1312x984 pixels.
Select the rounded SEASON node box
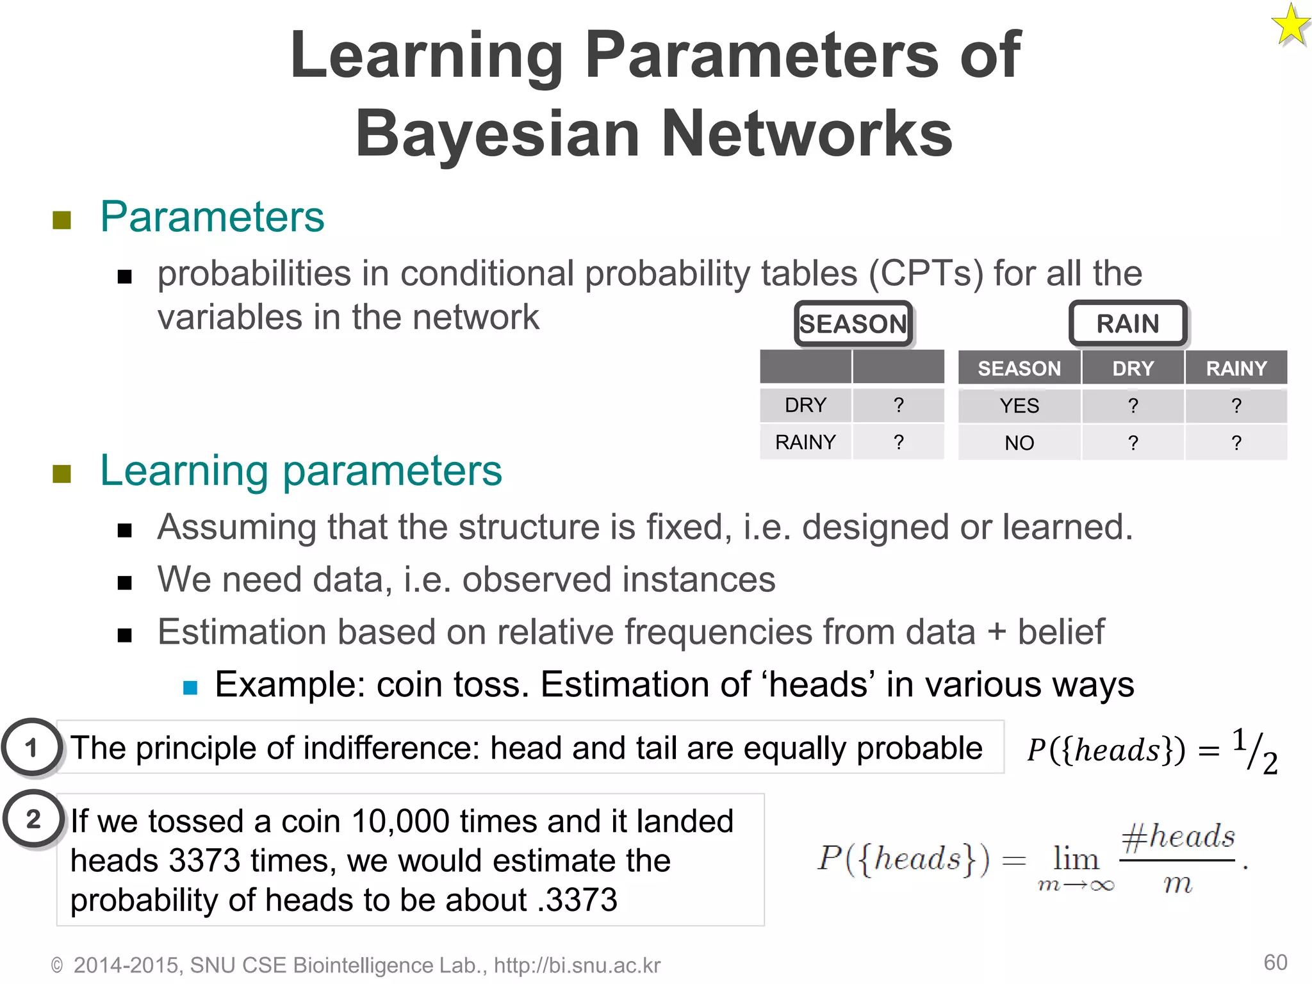[853, 324]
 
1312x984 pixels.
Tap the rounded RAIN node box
[1127, 324]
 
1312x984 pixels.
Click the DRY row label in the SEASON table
[805, 405]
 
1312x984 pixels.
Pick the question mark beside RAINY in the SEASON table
[898, 442]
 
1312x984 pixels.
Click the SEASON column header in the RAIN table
[1019, 368]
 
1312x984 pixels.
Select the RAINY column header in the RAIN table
[1236, 368]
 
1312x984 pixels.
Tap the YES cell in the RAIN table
[1019, 406]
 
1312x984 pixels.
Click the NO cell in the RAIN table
[1019, 443]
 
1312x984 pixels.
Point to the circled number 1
[31, 748]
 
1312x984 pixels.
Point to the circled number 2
[33, 819]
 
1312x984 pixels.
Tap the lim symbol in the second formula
[1076, 858]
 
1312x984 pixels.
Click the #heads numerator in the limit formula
[1177, 837]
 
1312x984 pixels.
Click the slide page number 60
[1275, 962]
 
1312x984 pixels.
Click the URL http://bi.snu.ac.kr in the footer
[577, 965]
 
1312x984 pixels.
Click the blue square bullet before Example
[190, 687]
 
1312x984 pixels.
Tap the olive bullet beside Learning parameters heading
[61, 474]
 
